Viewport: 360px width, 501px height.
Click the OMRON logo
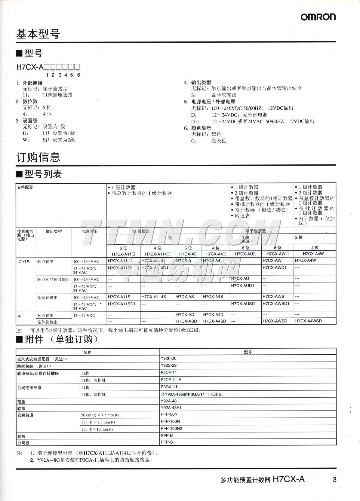click(x=318, y=17)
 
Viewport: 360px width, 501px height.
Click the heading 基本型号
click(x=38, y=34)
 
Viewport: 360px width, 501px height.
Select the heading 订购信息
click(x=38, y=157)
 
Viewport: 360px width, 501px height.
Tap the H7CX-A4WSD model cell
click(x=308, y=321)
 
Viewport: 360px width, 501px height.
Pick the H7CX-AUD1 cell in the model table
click(x=242, y=286)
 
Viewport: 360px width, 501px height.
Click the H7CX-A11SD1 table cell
click(x=122, y=304)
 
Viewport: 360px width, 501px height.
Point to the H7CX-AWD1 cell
click(x=274, y=267)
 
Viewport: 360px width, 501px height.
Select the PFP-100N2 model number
click(x=171, y=429)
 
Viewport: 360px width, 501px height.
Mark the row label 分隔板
click(x=23, y=443)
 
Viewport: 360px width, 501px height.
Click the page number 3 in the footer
click(x=334, y=480)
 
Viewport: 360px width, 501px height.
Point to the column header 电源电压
click(x=89, y=231)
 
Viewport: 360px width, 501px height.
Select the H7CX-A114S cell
click(x=153, y=297)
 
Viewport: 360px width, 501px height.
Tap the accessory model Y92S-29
click(x=168, y=365)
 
